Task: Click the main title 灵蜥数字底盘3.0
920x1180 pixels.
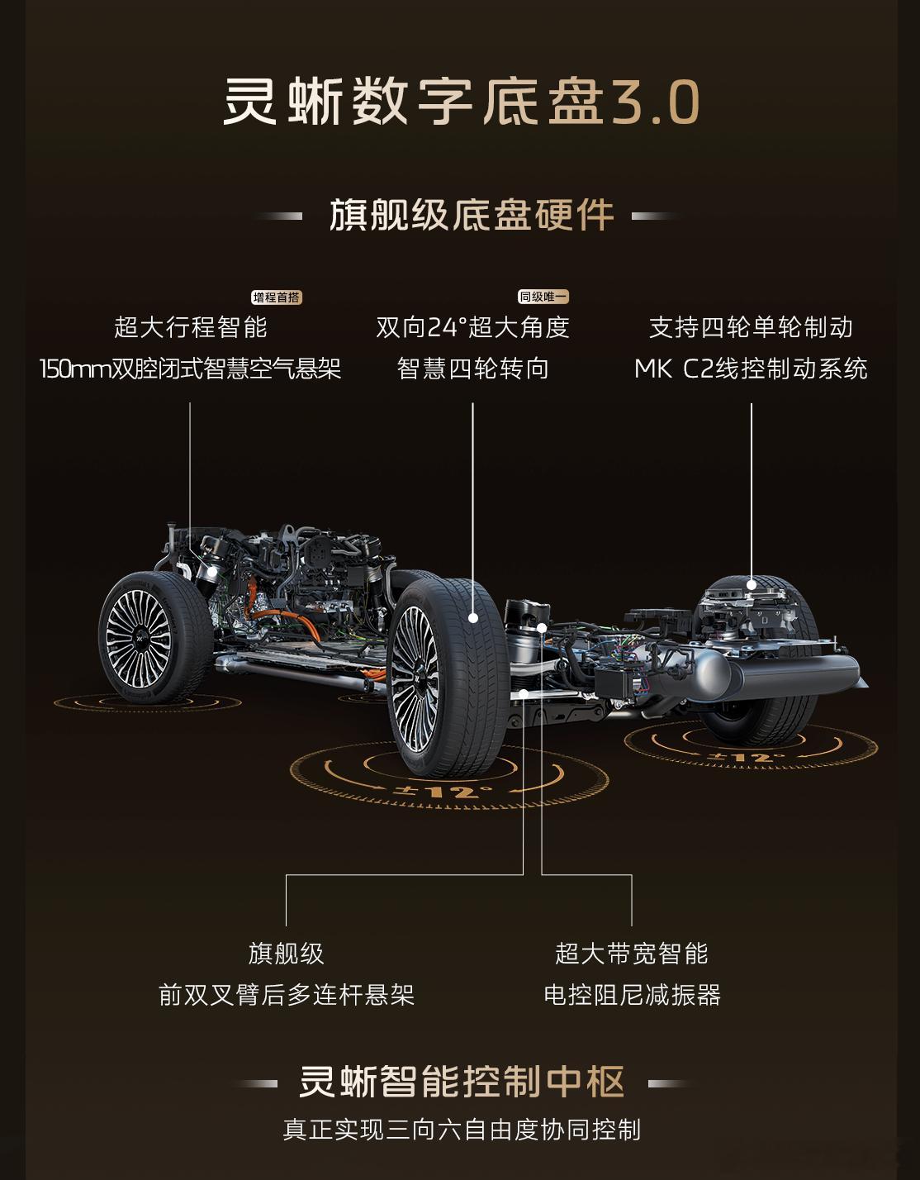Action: click(461, 102)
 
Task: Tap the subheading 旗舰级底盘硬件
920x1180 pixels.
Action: click(472, 216)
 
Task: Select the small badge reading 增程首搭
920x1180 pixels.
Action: click(277, 297)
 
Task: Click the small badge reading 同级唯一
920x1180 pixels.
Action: click(543, 297)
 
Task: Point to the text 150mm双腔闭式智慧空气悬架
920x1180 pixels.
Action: click(190, 369)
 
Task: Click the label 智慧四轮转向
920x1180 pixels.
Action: click(472, 369)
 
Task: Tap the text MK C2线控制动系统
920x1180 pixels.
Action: click(751, 369)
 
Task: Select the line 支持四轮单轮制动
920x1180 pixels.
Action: click(751, 328)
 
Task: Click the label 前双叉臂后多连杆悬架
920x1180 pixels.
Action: click(286, 994)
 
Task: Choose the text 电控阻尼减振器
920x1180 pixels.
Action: click(632, 994)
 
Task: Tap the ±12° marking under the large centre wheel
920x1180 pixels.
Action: click(443, 791)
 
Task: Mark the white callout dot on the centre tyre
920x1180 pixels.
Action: click(473, 617)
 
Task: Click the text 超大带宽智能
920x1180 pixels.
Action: click(632, 954)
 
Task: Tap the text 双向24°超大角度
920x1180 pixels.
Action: click(472, 328)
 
